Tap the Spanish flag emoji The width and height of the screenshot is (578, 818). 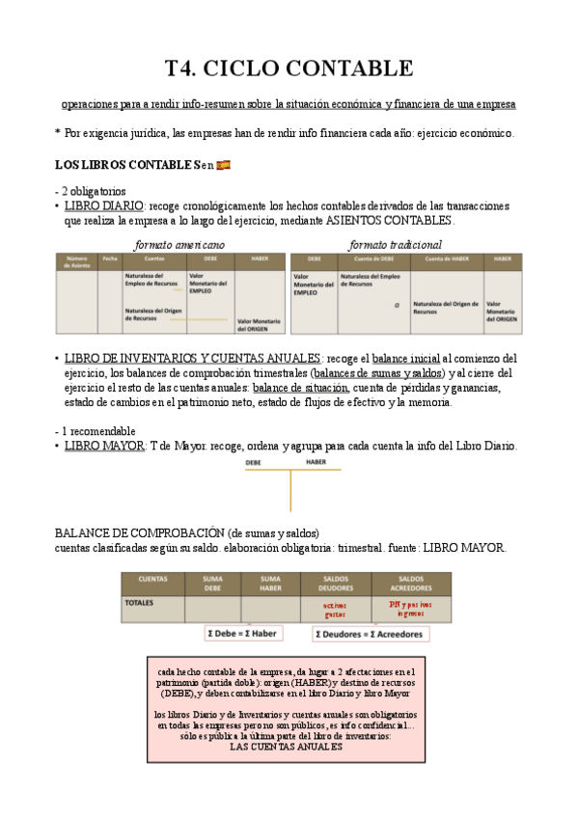pyautogui.click(x=223, y=165)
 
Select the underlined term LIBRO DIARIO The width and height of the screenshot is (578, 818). pyautogui.click(x=103, y=205)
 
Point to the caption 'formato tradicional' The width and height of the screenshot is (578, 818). pyautogui.click(x=396, y=244)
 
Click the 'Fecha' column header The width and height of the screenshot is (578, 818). pyautogui.click(x=110, y=259)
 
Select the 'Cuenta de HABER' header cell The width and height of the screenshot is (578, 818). pyautogui.click(x=446, y=259)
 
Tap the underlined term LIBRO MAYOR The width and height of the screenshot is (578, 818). pyautogui.click(x=103, y=446)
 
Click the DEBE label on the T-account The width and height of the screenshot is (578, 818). pyautogui.click(x=254, y=463)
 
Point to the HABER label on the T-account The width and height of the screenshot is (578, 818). pyautogui.click(x=317, y=463)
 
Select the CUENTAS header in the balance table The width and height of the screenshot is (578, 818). pyautogui.click(x=152, y=579)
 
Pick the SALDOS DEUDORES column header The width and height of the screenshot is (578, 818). pyautogui.click(x=334, y=583)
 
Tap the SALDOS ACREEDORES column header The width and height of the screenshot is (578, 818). pyautogui.click(x=410, y=583)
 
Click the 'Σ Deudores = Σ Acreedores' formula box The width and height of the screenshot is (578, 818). pyautogui.click(x=371, y=634)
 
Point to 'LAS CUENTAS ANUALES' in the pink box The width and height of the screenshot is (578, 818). pyautogui.click(x=287, y=747)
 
